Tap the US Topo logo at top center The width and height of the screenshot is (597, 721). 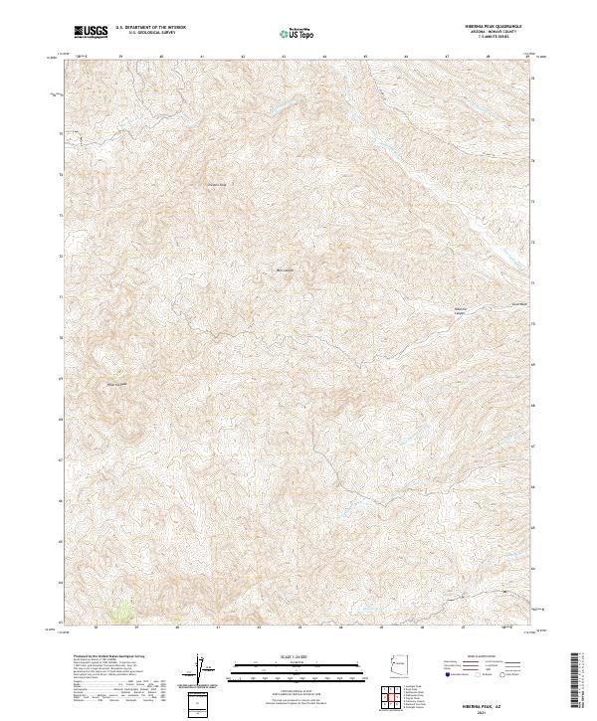point(299,33)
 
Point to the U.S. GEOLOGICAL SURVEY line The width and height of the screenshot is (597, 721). point(149,34)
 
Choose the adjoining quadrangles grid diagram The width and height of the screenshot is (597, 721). point(395,698)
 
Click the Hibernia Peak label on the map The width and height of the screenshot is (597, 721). point(118,383)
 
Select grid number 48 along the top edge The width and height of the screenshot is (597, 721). point(488,57)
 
